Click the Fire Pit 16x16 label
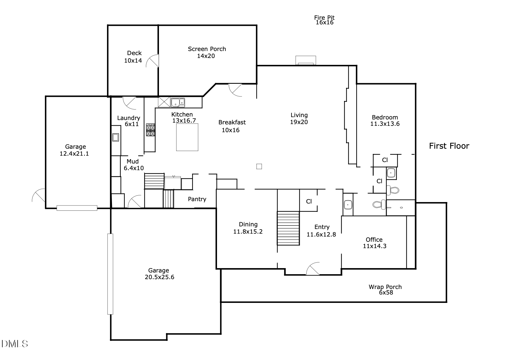[x=324, y=20]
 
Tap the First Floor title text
[x=449, y=146]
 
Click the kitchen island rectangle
[x=187, y=137]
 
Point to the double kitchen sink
[x=178, y=102]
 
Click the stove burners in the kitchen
[x=150, y=130]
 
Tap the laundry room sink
[x=115, y=137]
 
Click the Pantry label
[x=197, y=199]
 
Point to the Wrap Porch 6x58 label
[x=385, y=290]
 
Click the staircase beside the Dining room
[x=288, y=228]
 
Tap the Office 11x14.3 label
[x=374, y=243]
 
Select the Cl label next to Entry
[x=309, y=201]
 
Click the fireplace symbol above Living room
[x=305, y=61]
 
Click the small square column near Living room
[x=259, y=166]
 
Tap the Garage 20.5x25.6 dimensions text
[x=159, y=277]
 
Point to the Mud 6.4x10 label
[x=133, y=165]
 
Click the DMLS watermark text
[x=15, y=344]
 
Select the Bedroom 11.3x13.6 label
[x=385, y=120]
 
